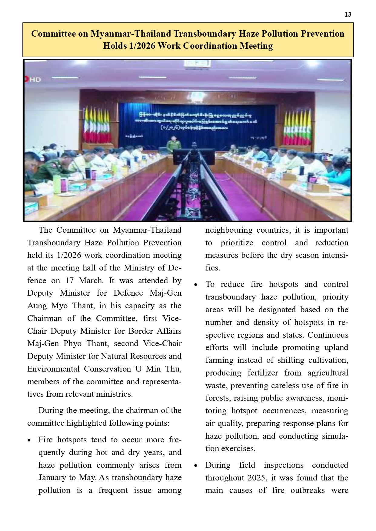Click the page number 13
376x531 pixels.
point(348,15)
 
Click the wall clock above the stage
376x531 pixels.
point(197,63)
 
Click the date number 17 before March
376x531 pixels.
point(70,280)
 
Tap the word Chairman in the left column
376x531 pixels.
point(44,318)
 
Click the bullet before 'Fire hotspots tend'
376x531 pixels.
point(29,441)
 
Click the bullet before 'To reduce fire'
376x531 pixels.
point(196,285)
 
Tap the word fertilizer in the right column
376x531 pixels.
point(263,373)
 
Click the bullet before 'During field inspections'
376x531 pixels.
point(196,466)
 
